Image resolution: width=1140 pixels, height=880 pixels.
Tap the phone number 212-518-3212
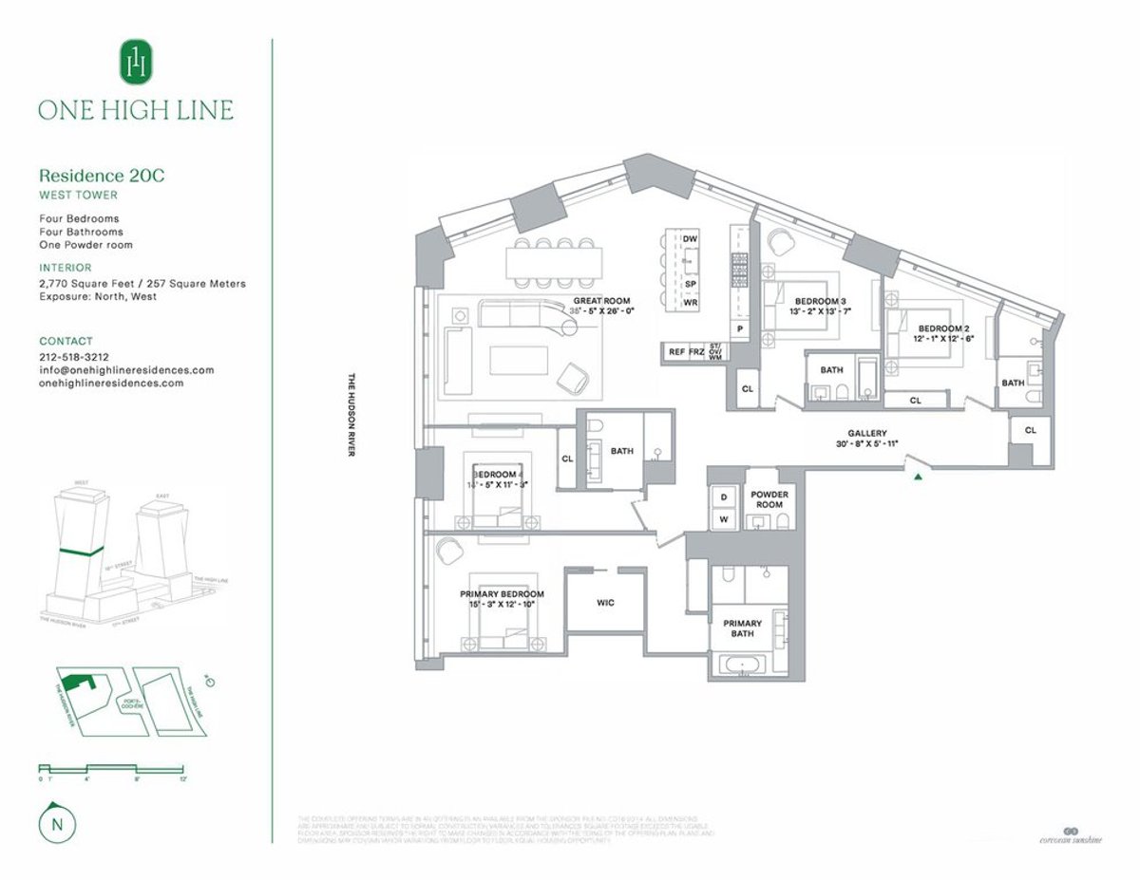coord(74,357)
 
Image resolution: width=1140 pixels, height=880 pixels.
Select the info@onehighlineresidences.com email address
coord(126,370)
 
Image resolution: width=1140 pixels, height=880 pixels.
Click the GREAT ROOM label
coord(601,301)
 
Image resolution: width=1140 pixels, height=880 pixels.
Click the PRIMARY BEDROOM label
coord(503,594)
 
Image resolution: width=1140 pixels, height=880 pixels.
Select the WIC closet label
coord(606,602)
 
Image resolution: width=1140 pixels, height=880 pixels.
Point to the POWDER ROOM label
coord(769,499)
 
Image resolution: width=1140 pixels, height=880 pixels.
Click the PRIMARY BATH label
coord(742,628)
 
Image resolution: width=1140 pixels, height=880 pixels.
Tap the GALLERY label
coord(867,432)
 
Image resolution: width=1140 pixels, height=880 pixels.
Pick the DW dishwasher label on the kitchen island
coord(691,238)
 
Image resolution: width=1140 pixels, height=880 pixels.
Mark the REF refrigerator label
coord(676,352)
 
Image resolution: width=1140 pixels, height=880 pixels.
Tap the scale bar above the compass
coord(112,767)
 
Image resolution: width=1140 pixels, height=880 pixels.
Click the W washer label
coord(723,518)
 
